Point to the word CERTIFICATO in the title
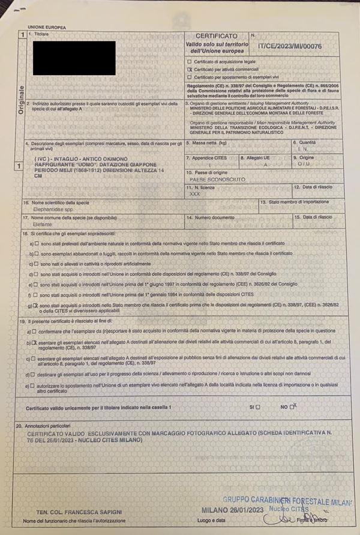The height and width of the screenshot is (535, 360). tap(216, 36)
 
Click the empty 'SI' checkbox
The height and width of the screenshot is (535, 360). tap(258, 407)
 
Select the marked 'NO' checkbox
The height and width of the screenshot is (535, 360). tap(292, 407)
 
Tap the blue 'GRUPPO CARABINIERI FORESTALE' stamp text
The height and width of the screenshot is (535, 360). tap(285, 500)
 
